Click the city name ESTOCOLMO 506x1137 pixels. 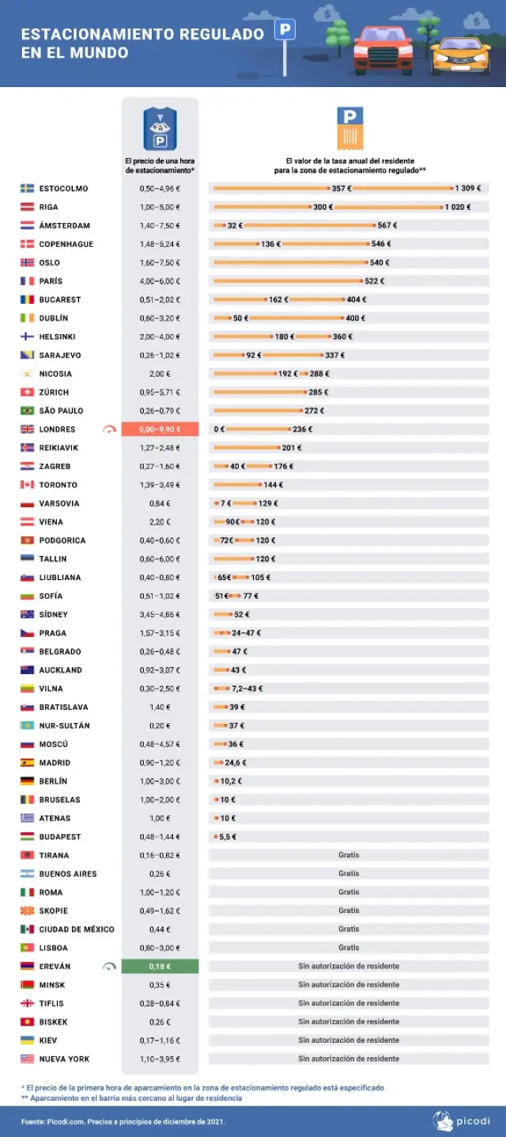point(63,188)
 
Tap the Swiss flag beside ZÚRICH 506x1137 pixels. point(27,392)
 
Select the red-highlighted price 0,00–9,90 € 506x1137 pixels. point(159,430)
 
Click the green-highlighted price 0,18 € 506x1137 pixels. point(159,966)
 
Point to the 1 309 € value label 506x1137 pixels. point(467,188)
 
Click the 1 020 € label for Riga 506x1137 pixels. point(457,207)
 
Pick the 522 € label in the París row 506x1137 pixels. point(374,281)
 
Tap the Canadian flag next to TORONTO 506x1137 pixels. point(27,485)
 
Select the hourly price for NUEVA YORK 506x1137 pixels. point(159,1059)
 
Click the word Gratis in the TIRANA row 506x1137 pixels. point(349,855)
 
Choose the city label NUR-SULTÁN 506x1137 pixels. point(64,726)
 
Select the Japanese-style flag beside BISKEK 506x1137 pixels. point(27,1021)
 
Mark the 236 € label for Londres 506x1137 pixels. point(302,430)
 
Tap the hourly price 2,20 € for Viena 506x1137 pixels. point(159,522)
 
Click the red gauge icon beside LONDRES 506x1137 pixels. point(108,430)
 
